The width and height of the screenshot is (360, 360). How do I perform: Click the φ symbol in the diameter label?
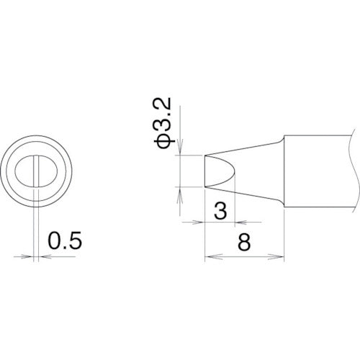[x=163, y=140]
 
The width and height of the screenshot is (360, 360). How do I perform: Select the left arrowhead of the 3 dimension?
[x=202, y=222]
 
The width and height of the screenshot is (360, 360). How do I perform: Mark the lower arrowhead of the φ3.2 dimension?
[x=181, y=190]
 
